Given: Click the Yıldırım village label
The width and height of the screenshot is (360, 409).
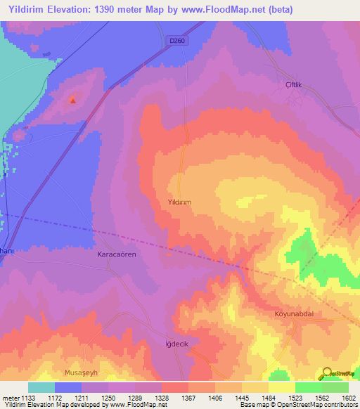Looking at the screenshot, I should [179, 201].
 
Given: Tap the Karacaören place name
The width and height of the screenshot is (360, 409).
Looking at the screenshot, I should [116, 255].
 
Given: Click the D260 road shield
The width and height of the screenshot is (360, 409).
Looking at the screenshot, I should [179, 41].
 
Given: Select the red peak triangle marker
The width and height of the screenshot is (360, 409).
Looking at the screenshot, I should [72, 100].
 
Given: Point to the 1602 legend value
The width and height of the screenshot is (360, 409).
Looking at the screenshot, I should [347, 397].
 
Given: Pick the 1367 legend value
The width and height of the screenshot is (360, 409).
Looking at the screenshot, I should [188, 397].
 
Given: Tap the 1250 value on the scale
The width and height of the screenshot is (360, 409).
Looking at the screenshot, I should [108, 397].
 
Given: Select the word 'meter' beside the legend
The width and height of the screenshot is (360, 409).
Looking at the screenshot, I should [9, 397].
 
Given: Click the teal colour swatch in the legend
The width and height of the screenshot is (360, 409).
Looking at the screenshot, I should [41, 387].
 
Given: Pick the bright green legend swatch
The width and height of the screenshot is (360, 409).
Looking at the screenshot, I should [309, 387].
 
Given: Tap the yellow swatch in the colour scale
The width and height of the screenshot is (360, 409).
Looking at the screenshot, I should [282, 387].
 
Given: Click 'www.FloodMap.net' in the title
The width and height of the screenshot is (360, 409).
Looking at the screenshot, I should [214, 10].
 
